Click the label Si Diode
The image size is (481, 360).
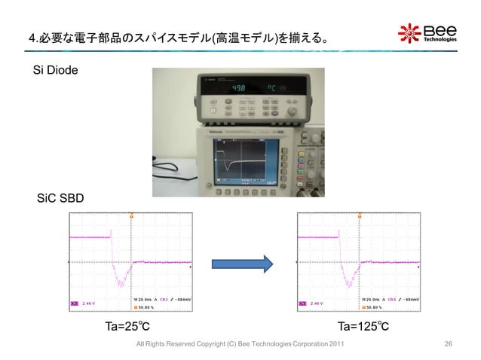pos(58,71)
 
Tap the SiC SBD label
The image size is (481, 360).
pos(61,199)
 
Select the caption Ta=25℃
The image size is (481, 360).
pos(127,327)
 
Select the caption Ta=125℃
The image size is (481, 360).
pos(363,327)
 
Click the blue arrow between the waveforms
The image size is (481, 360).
pos(241,264)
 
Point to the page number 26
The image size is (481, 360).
pos(449,344)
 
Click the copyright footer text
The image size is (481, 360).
pos(237,344)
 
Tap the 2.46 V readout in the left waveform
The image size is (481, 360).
pos(90,304)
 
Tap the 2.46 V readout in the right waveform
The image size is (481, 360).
pos(318,304)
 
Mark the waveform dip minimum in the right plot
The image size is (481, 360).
pos(349,287)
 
